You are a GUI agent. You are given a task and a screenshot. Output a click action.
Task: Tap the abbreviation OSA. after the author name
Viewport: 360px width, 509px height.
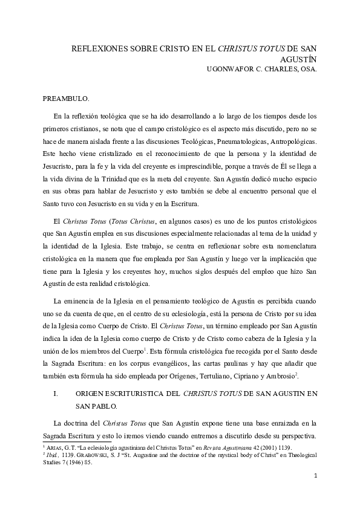coord(307,69)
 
